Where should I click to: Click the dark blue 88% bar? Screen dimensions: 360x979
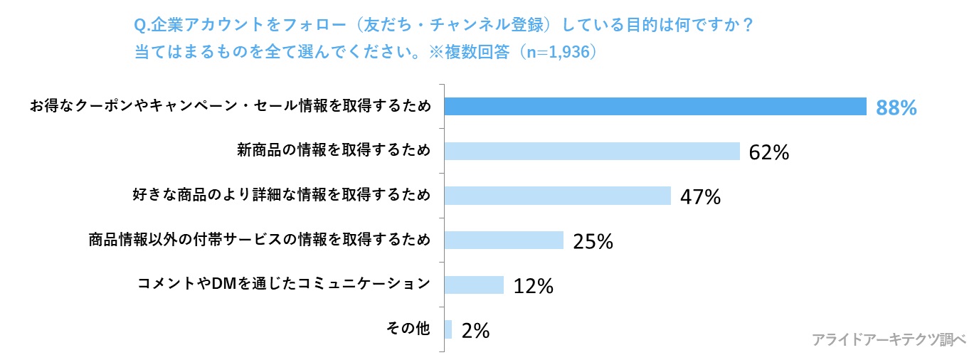click(x=655, y=106)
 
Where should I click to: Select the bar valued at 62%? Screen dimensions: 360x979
click(x=592, y=151)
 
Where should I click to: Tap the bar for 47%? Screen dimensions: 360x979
click(x=557, y=196)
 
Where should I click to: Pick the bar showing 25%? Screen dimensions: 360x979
click(x=504, y=240)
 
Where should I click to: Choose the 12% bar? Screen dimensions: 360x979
click(x=474, y=285)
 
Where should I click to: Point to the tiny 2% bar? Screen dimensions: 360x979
click(x=448, y=329)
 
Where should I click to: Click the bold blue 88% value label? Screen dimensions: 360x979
click(x=896, y=107)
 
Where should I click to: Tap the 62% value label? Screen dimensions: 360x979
click(x=769, y=152)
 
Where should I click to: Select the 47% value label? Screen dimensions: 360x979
click(x=700, y=197)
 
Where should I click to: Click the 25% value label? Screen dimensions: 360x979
click(x=593, y=242)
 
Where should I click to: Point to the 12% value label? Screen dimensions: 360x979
click(x=533, y=286)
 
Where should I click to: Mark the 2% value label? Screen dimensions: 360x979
click(x=475, y=331)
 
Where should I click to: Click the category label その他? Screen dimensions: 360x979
click(x=408, y=329)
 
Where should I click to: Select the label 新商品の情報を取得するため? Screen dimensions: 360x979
click(x=334, y=150)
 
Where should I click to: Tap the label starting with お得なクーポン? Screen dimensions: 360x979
click(x=230, y=106)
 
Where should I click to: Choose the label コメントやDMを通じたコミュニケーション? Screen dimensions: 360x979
click(x=284, y=284)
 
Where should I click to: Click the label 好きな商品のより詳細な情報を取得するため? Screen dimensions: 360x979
click(x=282, y=195)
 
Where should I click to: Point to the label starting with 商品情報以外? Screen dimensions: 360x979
click(x=260, y=240)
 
